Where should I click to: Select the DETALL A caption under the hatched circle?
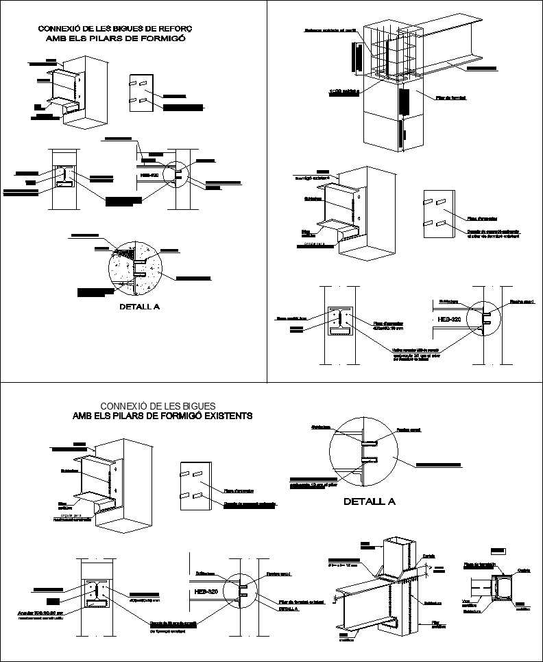140,307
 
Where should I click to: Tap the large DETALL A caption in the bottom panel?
370,501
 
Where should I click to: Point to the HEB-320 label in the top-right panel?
448,320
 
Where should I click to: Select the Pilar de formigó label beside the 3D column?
450,98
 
